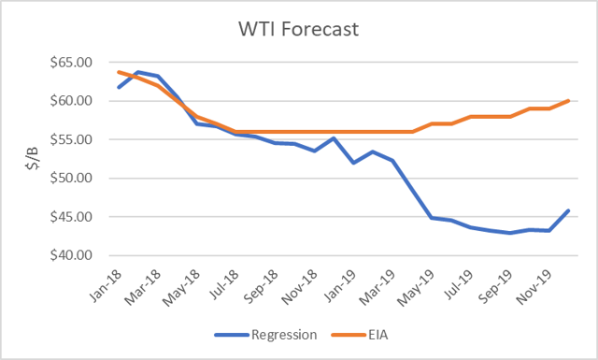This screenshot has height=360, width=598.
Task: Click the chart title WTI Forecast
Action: coord(299,30)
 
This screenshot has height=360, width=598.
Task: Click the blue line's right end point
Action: coord(569,210)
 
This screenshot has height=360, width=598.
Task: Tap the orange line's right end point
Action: coord(569,101)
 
